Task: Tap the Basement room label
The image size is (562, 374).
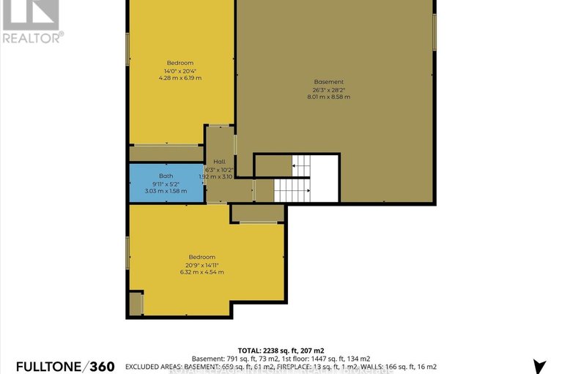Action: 328,81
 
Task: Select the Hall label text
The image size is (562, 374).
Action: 219,162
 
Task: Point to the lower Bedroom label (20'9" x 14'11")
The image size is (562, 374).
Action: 202,257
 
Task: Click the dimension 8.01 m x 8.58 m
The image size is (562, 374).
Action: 328,97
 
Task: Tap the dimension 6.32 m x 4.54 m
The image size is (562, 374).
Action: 202,272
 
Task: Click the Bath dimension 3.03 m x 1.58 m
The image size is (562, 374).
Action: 166,190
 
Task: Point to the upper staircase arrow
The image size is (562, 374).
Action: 296,166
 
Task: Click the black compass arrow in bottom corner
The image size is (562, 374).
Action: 541,366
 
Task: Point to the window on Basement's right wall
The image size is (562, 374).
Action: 434,32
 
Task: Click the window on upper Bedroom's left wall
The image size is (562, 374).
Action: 128,48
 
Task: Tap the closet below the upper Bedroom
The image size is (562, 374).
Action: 166,153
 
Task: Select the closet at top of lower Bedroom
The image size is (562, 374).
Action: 258,213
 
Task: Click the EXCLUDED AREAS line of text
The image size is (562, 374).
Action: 281,366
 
